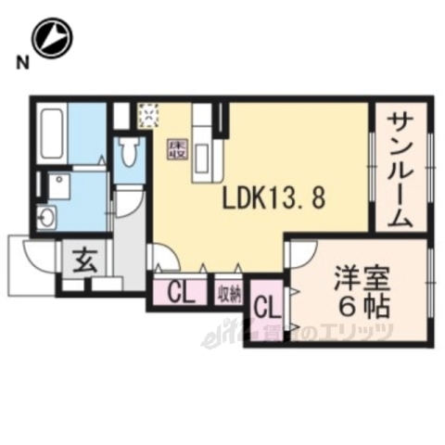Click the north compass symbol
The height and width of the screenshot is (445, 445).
pos(52,38)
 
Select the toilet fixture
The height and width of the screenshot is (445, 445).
pos(130,150)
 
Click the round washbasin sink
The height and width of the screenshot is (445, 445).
pos(45,219)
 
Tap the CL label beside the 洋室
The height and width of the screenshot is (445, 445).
pos(265,307)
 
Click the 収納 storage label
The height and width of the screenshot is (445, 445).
pos(229,295)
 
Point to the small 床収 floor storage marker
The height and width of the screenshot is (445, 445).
pos(174,148)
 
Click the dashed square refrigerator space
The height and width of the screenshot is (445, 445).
pos(149,115)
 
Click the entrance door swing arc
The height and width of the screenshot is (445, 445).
pos(43,254)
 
